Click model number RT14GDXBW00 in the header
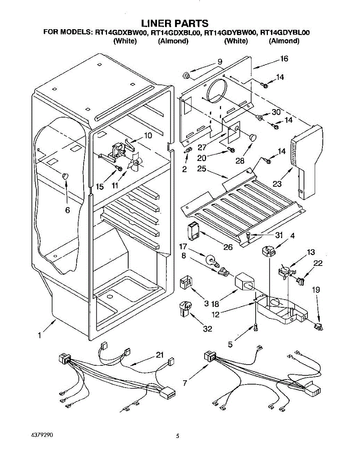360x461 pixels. point(121,33)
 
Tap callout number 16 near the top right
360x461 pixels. point(284,59)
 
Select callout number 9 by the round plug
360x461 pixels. point(220,61)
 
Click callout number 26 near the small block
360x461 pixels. point(228,247)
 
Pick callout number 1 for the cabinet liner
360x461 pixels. point(39,335)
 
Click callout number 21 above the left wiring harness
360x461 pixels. point(160,355)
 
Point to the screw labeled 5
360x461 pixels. point(256,327)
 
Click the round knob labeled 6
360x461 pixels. point(65,176)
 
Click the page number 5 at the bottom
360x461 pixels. point(177,436)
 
